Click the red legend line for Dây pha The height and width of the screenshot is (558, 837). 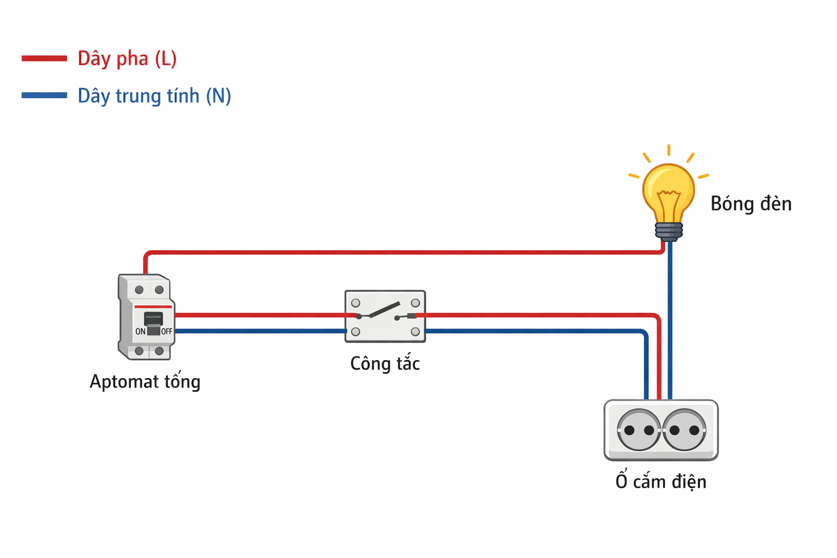pyautogui.click(x=44, y=58)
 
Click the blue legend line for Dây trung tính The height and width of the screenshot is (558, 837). pyautogui.click(x=44, y=95)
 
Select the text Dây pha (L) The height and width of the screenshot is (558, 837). pyautogui.click(x=127, y=58)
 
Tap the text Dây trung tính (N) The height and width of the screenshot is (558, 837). pyautogui.click(x=154, y=96)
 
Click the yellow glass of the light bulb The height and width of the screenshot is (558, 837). pyautogui.click(x=669, y=191)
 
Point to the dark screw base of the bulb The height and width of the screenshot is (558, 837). pyautogui.click(x=669, y=231)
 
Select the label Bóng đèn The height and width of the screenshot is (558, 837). pyautogui.click(x=751, y=204)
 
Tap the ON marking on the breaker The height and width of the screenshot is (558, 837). pyautogui.click(x=140, y=331)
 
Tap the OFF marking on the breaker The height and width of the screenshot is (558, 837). pyautogui.click(x=166, y=331)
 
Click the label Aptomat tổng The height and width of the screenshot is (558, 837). pyautogui.click(x=145, y=381)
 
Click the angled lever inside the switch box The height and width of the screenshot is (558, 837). pyautogui.click(x=384, y=311)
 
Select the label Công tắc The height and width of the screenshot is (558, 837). pyautogui.click(x=385, y=363)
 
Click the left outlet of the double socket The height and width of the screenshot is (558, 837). pyautogui.click(x=639, y=430)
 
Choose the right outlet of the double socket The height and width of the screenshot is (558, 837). pyautogui.click(x=684, y=430)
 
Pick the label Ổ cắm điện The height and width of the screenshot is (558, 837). pyautogui.click(x=661, y=481)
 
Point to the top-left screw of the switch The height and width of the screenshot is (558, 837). pyautogui.click(x=355, y=303)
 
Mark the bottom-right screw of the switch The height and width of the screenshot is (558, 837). pyautogui.click(x=415, y=331)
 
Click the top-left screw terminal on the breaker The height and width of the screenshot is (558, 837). pyautogui.click(x=139, y=290)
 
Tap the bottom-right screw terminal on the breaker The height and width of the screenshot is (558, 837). pyautogui.click(x=159, y=351)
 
